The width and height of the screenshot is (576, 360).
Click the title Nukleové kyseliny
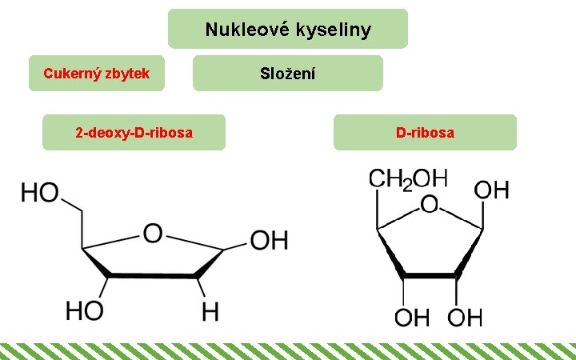[288, 30]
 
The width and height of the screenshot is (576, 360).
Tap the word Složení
[288, 74]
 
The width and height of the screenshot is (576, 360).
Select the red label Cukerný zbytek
[97, 74]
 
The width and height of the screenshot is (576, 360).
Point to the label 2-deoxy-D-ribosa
[134, 132]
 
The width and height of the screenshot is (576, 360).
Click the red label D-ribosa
[425, 132]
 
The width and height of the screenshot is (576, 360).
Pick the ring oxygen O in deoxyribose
[152, 234]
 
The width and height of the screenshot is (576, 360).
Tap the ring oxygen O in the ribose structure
[430, 206]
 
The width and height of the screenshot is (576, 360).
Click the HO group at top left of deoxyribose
[40, 193]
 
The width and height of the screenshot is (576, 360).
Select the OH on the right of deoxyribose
[269, 240]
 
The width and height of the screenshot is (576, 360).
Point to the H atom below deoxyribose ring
[210, 312]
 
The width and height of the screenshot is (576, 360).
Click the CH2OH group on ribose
[407, 178]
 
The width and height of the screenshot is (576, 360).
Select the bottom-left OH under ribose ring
[413, 317]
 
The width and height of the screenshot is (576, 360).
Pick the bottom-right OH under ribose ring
[465, 317]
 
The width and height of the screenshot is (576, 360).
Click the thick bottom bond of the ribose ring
[430, 276]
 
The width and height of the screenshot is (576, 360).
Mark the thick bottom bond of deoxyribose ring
[152, 276]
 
